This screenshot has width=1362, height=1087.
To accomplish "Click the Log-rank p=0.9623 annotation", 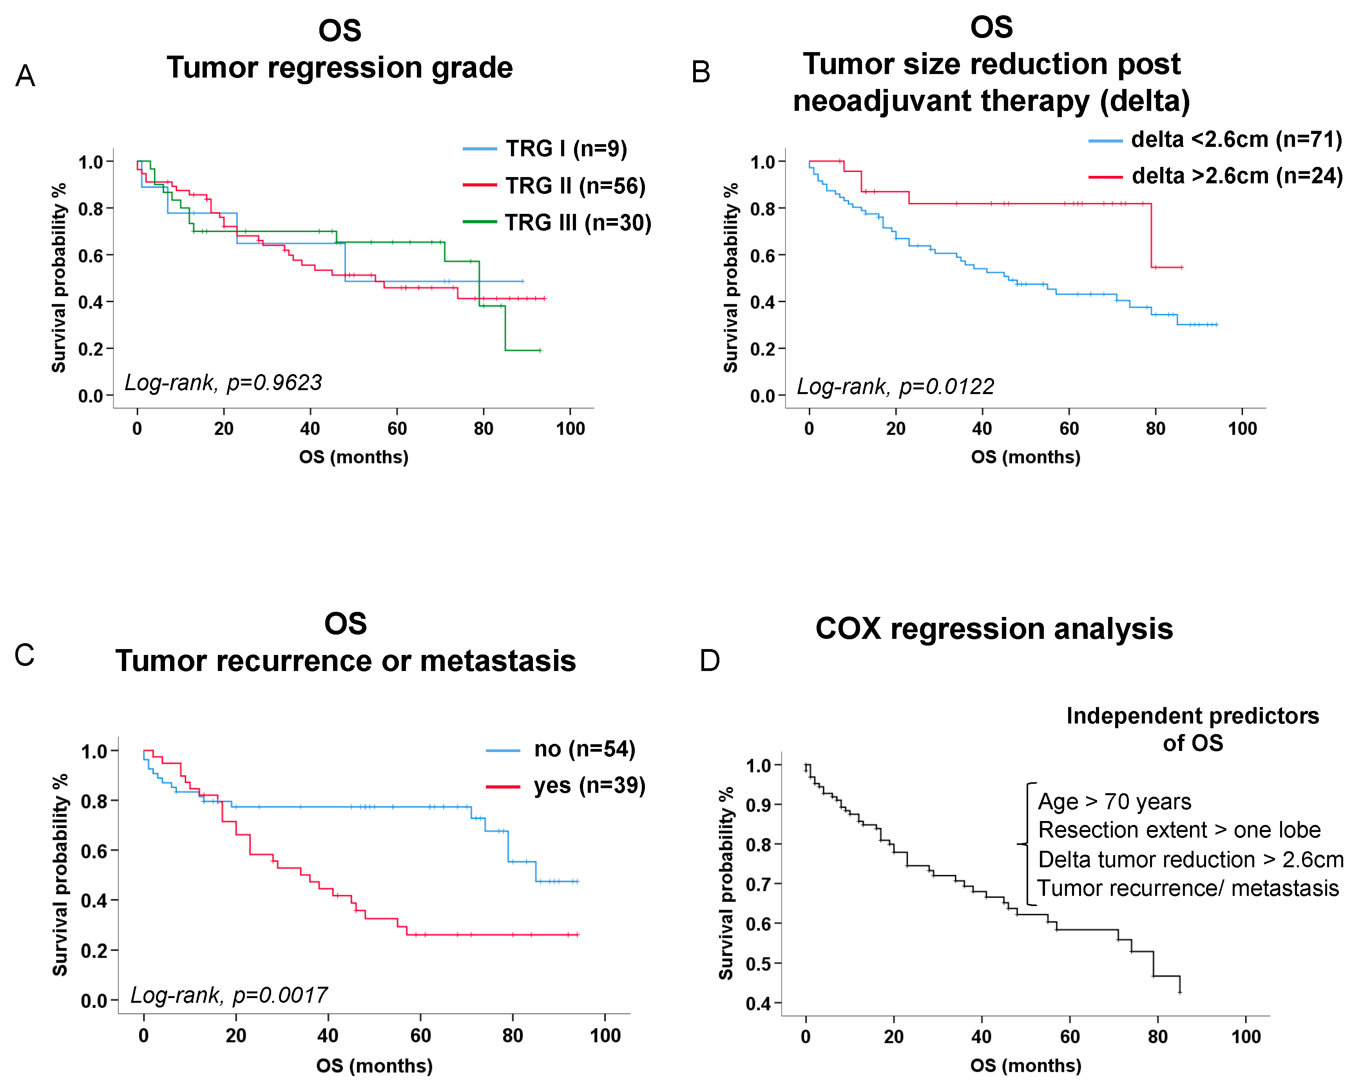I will pos(223,383).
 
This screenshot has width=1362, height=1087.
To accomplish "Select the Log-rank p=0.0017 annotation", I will pos(229,995).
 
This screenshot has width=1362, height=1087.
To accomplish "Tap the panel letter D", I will pos(710,661).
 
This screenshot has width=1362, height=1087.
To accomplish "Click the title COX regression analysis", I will pos(994,629).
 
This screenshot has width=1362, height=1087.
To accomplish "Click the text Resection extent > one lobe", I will pos(1179,830).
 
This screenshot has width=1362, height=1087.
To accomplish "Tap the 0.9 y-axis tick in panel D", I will pos(759,805).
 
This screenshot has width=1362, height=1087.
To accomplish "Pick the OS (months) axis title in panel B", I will pos(1025,457).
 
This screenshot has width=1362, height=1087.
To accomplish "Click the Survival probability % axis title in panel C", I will pos(60,875).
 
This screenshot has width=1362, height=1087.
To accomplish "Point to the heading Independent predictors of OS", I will pos(1192,729).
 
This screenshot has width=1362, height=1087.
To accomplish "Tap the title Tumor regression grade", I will pos(339,68).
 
